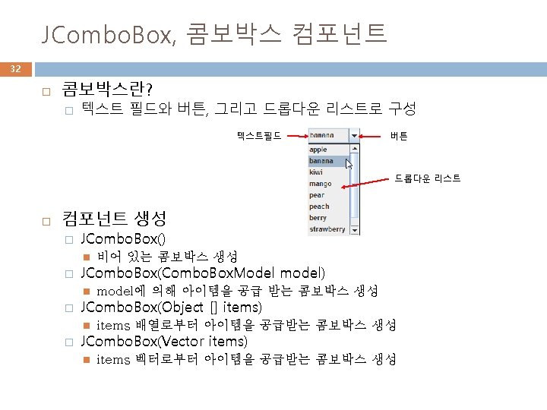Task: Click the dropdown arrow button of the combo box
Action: click(355, 136)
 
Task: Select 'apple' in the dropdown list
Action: click(318, 150)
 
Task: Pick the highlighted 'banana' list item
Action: click(322, 161)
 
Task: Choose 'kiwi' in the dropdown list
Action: click(316, 172)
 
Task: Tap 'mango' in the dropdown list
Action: click(320, 184)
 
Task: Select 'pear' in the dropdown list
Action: click(317, 195)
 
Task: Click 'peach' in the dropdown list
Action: click(319, 207)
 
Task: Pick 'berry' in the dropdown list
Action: click(318, 218)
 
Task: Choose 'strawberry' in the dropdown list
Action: click(327, 229)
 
